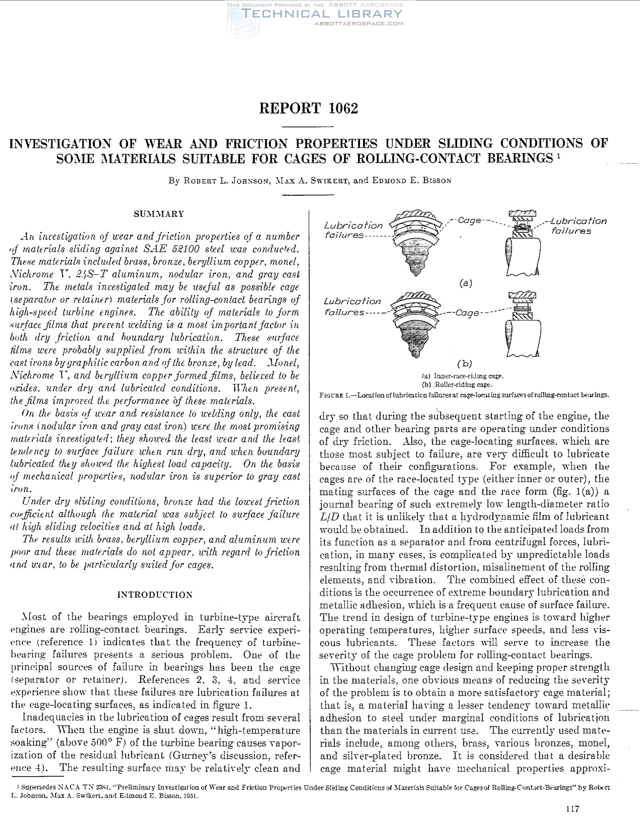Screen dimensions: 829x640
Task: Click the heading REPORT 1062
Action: [308, 109]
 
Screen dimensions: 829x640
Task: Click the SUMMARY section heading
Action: [159, 214]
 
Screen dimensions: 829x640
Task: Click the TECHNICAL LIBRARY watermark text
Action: [322, 14]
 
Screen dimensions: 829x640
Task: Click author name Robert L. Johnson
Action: [227, 181]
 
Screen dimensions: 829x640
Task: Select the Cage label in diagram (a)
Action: [469, 220]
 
